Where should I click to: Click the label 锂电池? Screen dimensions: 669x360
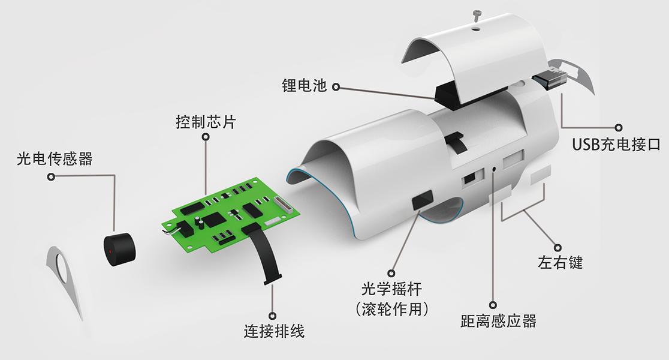(304, 85)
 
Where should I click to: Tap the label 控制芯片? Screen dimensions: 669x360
(206, 122)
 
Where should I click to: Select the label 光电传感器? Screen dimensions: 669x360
(55, 158)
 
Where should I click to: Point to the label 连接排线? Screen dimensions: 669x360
(274, 331)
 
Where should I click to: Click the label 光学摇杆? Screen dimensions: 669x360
(391, 289)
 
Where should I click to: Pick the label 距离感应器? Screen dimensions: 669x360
(498, 321)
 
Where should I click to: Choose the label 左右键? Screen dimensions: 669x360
(560, 262)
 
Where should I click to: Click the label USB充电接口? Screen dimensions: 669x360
(616, 145)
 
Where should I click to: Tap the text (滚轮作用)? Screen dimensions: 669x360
(391, 309)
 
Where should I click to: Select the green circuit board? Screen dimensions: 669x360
(230, 212)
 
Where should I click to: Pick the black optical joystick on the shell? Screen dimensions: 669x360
(423, 199)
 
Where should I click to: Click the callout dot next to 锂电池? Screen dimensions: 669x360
(336, 87)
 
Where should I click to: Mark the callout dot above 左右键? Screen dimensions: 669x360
(557, 248)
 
